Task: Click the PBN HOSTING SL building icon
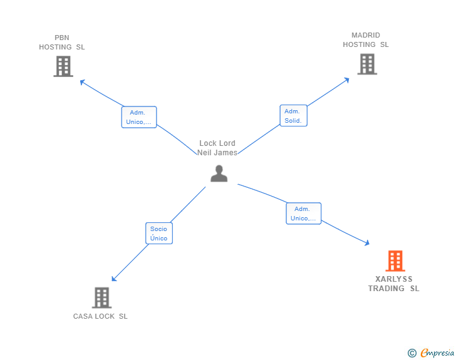click(x=63, y=66)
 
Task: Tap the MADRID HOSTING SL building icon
click(x=367, y=64)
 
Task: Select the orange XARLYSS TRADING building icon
click(x=395, y=260)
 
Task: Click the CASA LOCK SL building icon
click(x=101, y=297)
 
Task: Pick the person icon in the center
click(x=219, y=173)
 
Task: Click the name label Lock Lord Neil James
click(x=217, y=148)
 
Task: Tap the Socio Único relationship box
click(x=158, y=234)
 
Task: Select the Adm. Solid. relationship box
click(x=293, y=116)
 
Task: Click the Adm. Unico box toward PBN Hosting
click(x=139, y=117)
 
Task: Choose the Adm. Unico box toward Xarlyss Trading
click(x=303, y=213)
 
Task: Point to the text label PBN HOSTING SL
click(x=62, y=43)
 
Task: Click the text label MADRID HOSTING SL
click(x=366, y=40)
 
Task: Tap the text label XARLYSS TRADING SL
click(x=394, y=284)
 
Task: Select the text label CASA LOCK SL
click(x=100, y=316)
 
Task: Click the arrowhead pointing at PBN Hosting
click(x=81, y=81)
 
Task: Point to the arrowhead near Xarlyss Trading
click(x=367, y=243)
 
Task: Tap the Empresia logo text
click(x=437, y=353)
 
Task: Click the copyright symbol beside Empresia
click(x=412, y=353)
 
